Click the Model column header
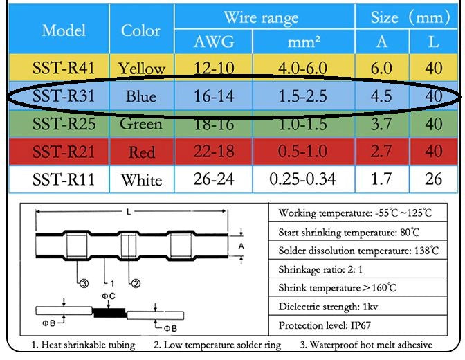[x=64, y=30]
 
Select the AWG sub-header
[x=214, y=43]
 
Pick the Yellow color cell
[x=141, y=69]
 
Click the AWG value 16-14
[x=214, y=96]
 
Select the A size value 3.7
[x=381, y=124]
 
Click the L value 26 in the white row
[x=434, y=180]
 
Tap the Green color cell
[x=141, y=124]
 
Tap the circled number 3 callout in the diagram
[x=84, y=282]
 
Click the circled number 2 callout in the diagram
[x=136, y=282]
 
